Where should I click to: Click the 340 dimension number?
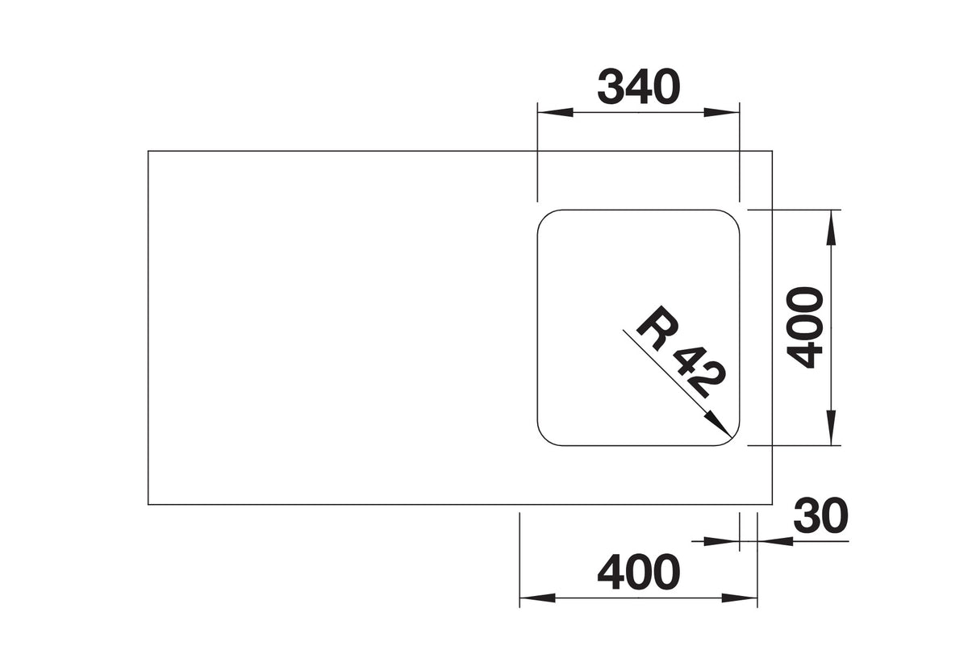pyautogui.click(x=639, y=86)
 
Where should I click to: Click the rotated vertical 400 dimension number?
pyautogui.click(x=805, y=327)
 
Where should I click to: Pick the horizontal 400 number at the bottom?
pyautogui.click(x=639, y=573)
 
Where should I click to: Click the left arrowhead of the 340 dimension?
pyautogui.click(x=555, y=112)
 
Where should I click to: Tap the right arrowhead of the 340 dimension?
pyautogui.click(x=722, y=112)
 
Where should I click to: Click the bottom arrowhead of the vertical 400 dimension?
pyautogui.click(x=831, y=427)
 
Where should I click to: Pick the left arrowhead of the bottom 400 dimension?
pyautogui.click(x=537, y=598)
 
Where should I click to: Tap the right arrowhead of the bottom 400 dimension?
pyautogui.click(x=740, y=598)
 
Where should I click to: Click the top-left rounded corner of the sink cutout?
pyautogui.click(x=544, y=217)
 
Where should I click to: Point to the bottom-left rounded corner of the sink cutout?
pyautogui.click(x=544, y=438)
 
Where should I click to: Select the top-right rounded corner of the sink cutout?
pyautogui.click(x=732, y=217)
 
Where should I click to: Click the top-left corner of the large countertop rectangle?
pyautogui.click(x=148, y=151)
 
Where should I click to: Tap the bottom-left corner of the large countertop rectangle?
pyautogui.click(x=148, y=505)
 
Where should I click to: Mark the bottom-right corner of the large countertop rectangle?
pyautogui.click(x=772, y=505)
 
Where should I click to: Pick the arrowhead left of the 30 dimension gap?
pyautogui.click(x=722, y=541)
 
